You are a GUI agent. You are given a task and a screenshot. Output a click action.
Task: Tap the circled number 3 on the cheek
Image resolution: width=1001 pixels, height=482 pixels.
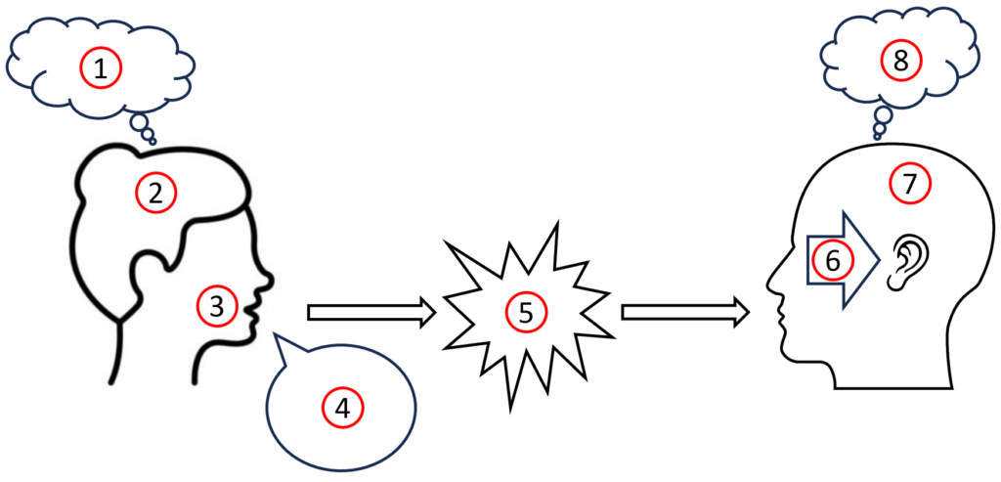[x=217, y=307]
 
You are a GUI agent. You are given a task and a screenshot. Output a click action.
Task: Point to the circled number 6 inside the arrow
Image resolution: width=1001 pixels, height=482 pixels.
[x=834, y=262]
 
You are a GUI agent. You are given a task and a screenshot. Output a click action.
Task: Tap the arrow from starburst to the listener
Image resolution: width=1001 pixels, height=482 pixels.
[x=685, y=312]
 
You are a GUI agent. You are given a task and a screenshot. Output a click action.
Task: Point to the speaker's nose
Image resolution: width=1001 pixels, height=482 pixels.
[x=269, y=280]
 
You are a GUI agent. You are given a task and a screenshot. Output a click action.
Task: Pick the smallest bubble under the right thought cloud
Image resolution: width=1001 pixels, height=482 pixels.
[x=877, y=137]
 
